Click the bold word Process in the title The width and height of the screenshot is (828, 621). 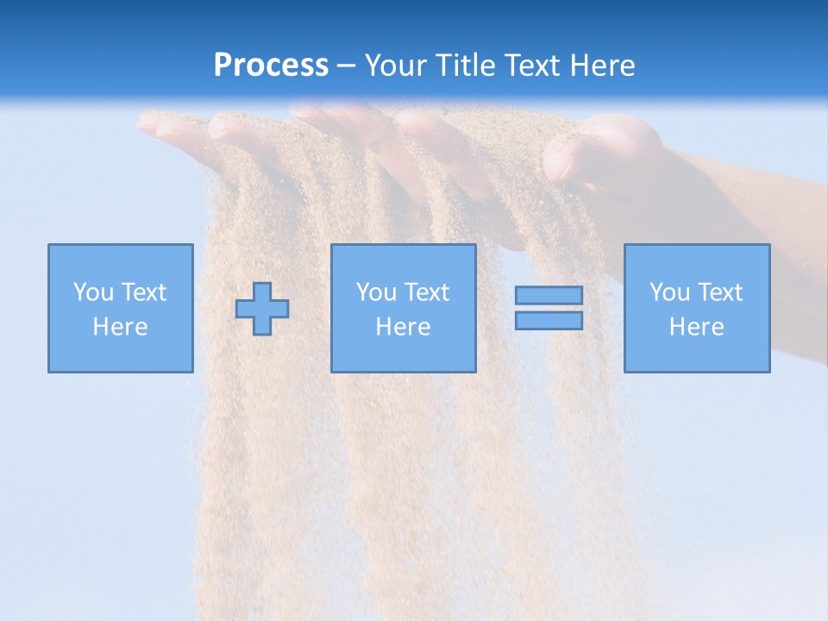[x=271, y=66]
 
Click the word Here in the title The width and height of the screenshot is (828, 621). [x=607, y=66]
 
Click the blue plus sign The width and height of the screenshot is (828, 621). [x=262, y=309]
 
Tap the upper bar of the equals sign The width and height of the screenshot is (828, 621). [x=549, y=295]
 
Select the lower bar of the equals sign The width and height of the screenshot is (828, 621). [x=549, y=320]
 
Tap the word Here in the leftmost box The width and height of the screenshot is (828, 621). [x=120, y=327]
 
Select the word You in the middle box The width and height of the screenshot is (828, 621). [x=376, y=292]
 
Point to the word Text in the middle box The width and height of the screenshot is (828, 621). [x=427, y=292]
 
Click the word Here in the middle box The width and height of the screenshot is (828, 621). [x=403, y=327]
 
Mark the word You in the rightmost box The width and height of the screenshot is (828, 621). [x=669, y=292]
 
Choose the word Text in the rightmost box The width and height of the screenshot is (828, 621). [x=720, y=292]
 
